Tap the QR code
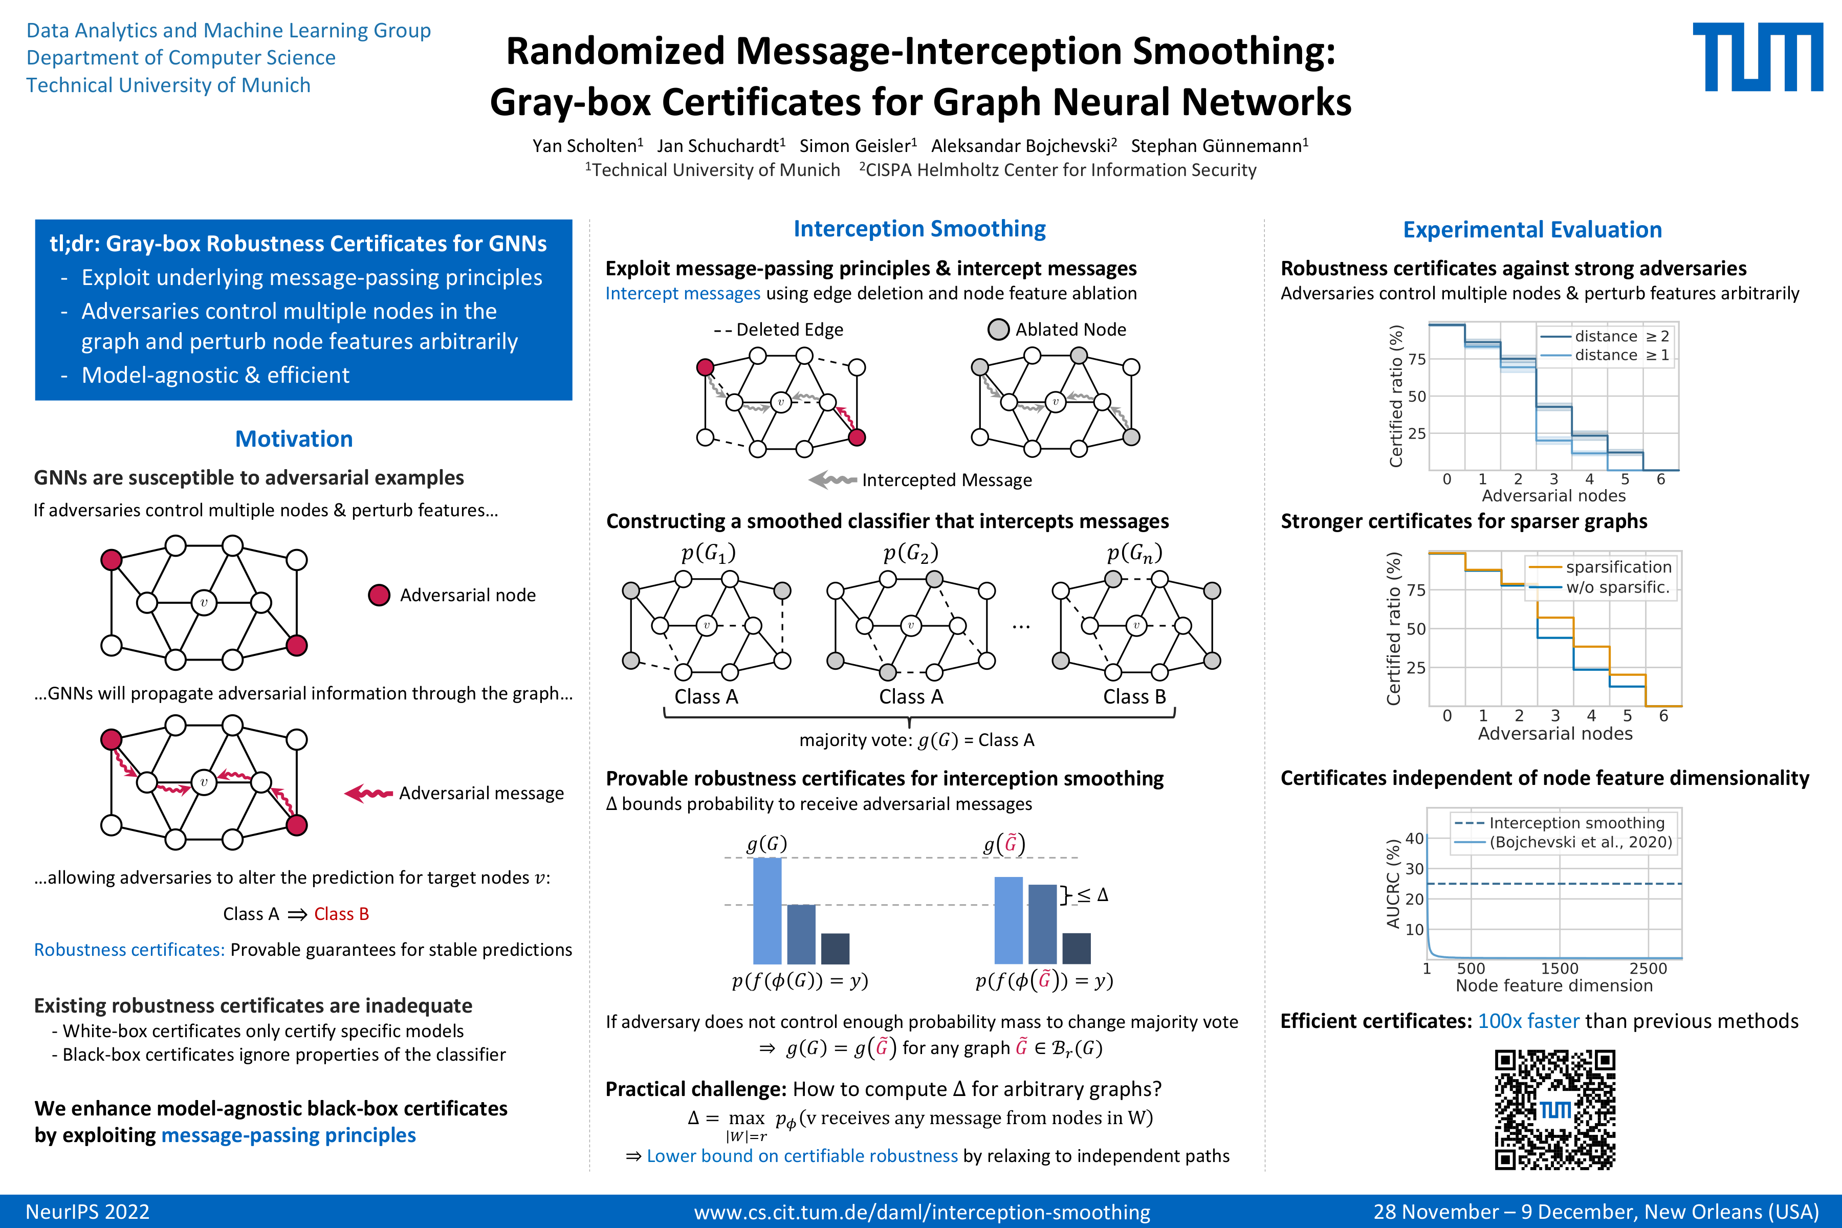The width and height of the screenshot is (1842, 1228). click(1554, 1110)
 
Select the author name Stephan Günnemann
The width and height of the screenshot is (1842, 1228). click(1219, 146)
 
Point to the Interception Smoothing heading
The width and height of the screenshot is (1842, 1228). click(919, 229)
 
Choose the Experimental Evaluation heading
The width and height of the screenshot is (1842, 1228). click(1532, 229)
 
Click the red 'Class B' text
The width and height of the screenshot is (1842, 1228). click(341, 914)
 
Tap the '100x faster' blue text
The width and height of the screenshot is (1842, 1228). click(1528, 1021)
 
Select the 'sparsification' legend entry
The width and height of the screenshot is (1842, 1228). click(1618, 566)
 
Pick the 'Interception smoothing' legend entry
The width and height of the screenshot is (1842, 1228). click(1576, 822)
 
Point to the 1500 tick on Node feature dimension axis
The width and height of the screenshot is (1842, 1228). click(1559, 969)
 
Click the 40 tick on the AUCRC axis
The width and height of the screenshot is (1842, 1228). click(1414, 839)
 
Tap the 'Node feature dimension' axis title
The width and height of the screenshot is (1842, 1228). click(1554, 986)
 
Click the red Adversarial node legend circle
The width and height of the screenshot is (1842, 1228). click(379, 595)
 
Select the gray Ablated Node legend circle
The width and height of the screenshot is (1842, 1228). click(999, 330)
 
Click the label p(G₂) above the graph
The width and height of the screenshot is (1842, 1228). click(911, 554)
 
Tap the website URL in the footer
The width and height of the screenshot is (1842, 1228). click(922, 1212)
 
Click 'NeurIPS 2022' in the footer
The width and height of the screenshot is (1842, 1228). click(87, 1212)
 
